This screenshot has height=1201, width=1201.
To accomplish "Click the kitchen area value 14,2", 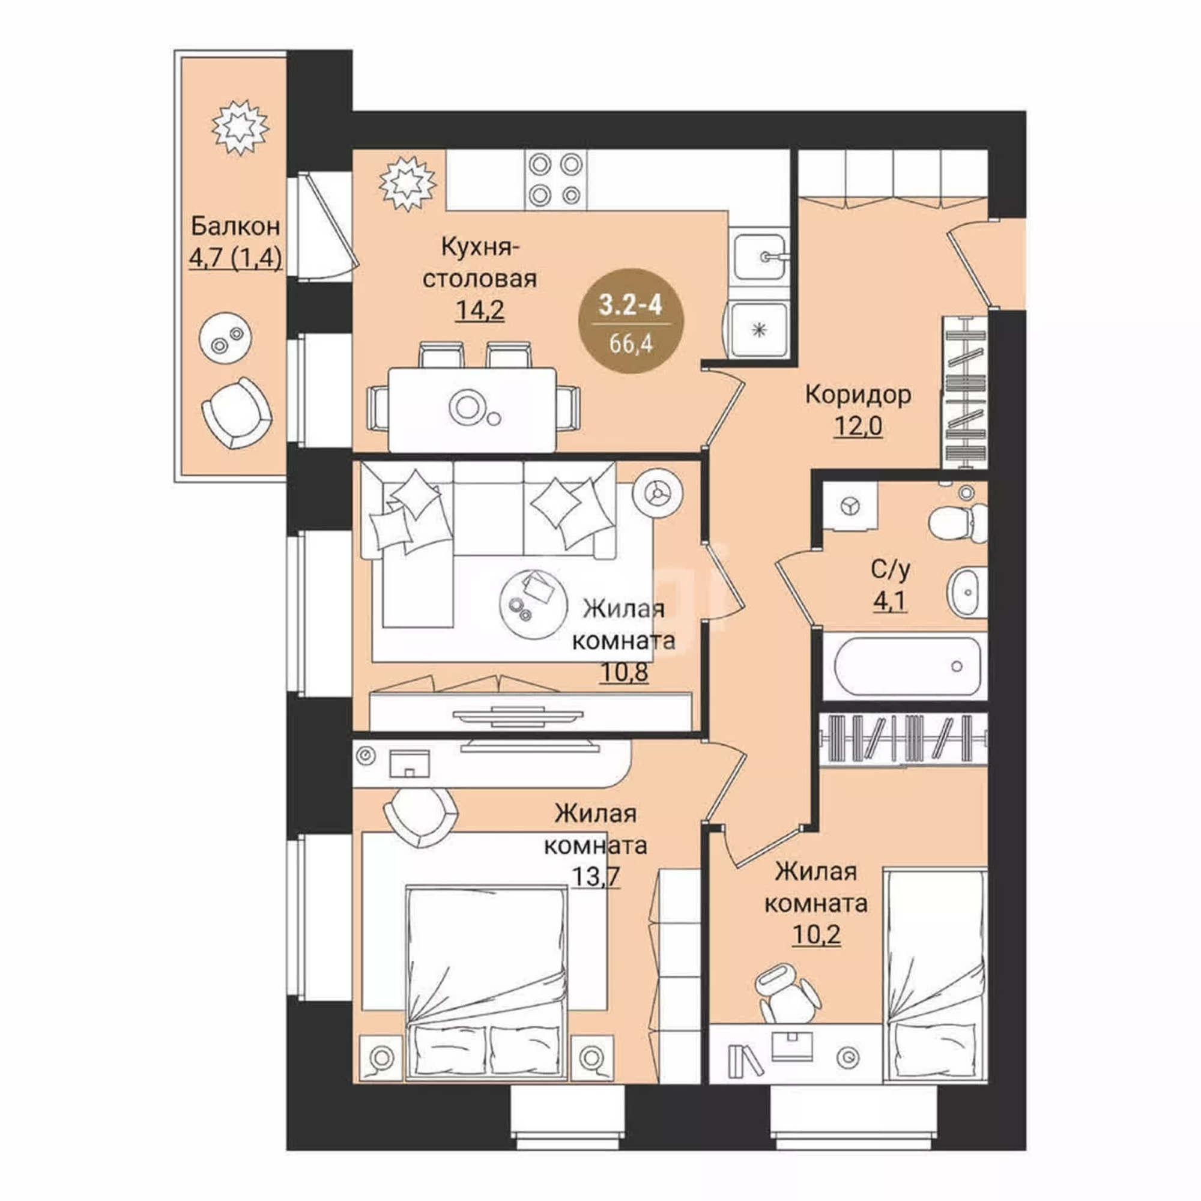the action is pyautogui.click(x=479, y=310).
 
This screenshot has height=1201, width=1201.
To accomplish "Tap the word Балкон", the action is pyautogui.click(x=235, y=226).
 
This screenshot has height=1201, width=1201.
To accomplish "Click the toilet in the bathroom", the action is pyautogui.click(x=958, y=521).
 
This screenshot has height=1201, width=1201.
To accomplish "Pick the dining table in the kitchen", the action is pyautogui.click(x=472, y=409).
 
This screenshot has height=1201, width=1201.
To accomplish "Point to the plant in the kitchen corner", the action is pyautogui.click(x=408, y=183).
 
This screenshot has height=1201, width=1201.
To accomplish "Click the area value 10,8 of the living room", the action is pyautogui.click(x=624, y=671).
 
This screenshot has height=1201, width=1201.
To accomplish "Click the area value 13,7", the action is pyautogui.click(x=595, y=876).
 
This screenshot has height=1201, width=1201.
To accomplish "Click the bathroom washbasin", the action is pyautogui.click(x=967, y=592).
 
